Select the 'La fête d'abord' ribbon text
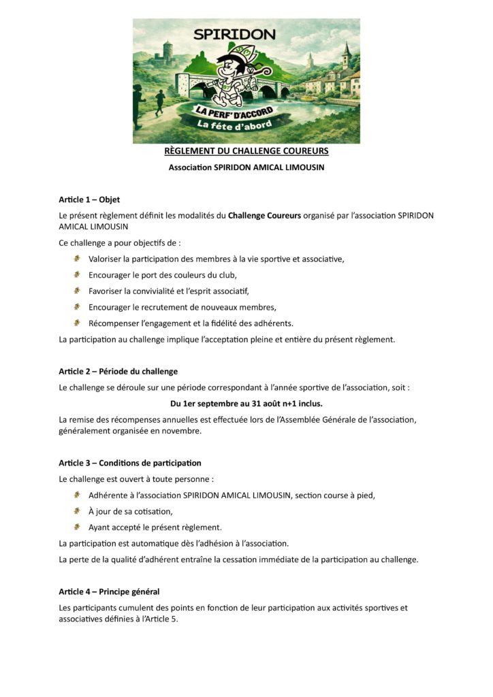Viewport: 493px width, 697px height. (234, 124)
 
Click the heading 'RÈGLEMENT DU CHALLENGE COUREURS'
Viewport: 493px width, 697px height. (246, 151)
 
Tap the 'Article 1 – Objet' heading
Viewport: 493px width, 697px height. (89, 200)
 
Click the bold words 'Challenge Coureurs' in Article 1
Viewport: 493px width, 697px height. (264, 216)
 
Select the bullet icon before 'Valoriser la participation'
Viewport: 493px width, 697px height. (78, 259)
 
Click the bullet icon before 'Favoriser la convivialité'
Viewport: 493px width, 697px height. (78, 291)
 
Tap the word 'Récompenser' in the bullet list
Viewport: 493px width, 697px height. (113, 323)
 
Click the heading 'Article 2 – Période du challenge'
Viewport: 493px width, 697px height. (118, 372)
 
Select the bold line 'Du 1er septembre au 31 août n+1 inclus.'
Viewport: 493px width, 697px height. (246, 404)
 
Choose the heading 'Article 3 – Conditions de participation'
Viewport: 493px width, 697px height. (129, 464)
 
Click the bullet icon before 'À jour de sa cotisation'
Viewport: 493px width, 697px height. (78, 511)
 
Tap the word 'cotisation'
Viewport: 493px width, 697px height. (152, 512)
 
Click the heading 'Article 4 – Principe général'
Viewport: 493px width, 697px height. (109, 592)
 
